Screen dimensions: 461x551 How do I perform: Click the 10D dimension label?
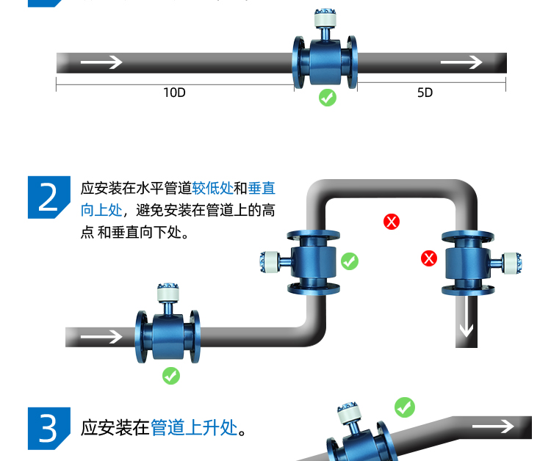[174, 92]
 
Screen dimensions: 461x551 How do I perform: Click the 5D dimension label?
[425, 92]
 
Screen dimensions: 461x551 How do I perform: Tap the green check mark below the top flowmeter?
[328, 98]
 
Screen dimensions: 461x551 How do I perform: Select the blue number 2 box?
[48, 197]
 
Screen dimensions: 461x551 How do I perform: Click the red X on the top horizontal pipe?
[392, 221]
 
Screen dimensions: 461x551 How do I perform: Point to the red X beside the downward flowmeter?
[429, 258]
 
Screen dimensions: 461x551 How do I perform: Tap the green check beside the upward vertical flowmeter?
[350, 261]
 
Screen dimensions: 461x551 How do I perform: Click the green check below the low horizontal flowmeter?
[170, 376]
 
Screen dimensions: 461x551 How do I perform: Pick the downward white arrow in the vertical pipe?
[466, 322]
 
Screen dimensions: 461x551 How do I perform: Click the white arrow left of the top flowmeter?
[101, 62]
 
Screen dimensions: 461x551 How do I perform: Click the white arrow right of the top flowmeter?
[461, 62]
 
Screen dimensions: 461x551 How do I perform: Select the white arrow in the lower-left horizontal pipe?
[101, 337]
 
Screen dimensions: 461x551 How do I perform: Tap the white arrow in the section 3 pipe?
[492, 426]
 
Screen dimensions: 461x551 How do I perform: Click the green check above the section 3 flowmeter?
[405, 407]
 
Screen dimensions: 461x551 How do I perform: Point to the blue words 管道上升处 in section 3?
[195, 427]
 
